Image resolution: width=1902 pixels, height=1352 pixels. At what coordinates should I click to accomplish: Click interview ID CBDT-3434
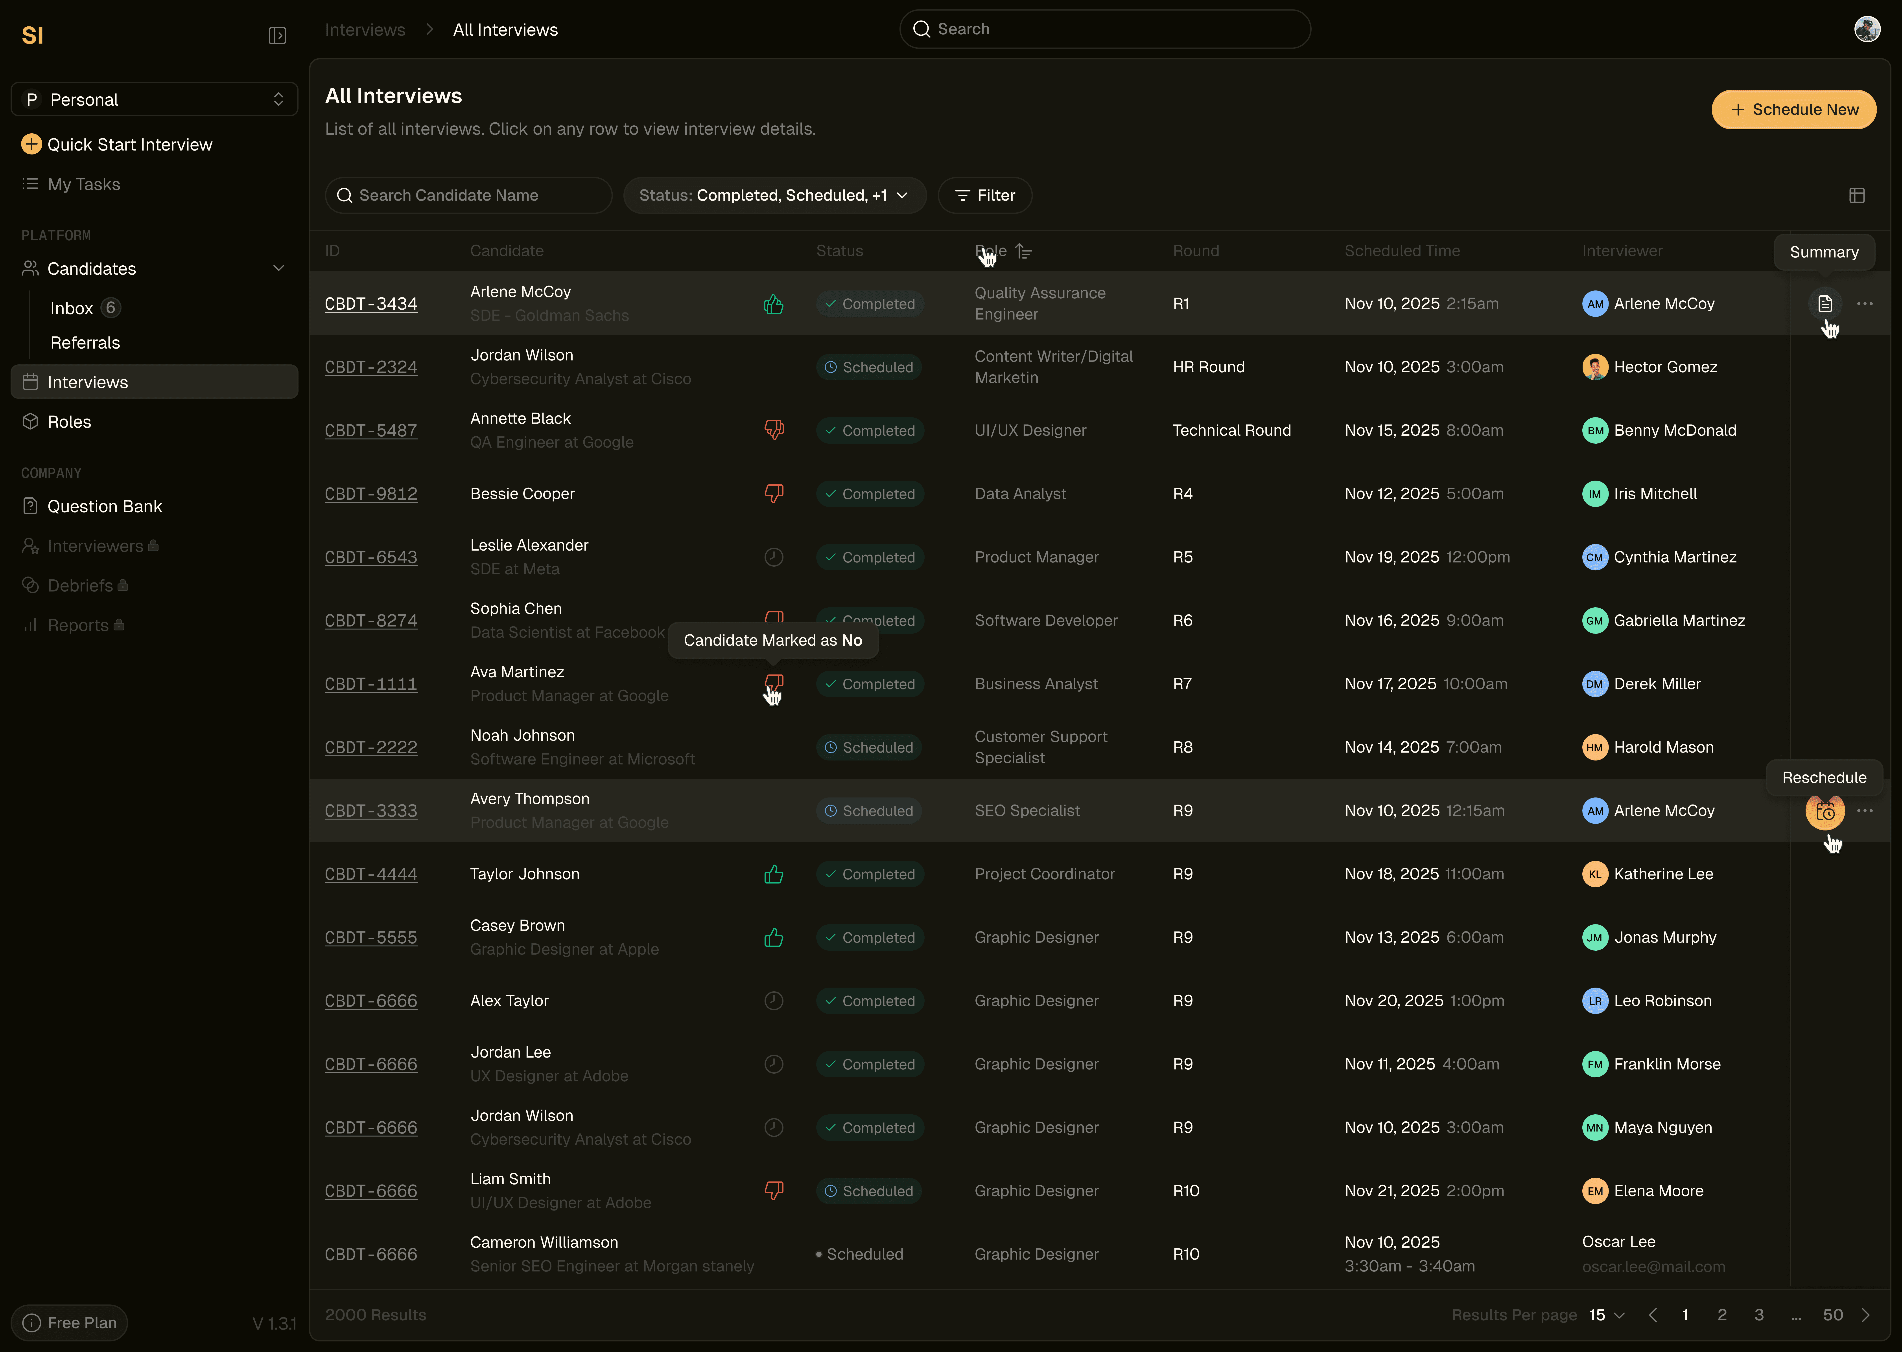(x=370, y=304)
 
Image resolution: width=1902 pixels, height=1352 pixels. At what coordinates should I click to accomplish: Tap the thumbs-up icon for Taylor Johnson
(x=774, y=874)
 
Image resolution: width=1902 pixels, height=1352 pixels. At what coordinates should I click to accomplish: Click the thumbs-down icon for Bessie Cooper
(x=774, y=494)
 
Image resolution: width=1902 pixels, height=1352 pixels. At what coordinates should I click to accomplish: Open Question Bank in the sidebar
(x=104, y=506)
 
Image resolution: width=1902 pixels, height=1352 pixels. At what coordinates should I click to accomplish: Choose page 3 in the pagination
(x=1759, y=1315)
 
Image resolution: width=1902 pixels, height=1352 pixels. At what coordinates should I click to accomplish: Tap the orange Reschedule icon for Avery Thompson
(x=1825, y=811)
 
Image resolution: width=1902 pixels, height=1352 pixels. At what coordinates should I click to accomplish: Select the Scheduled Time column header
(x=1402, y=251)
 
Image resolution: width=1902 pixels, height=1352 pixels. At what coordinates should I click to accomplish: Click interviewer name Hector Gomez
(x=1665, y=367)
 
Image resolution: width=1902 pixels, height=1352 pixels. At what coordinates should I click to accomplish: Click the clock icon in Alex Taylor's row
(x=774, y=1001)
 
